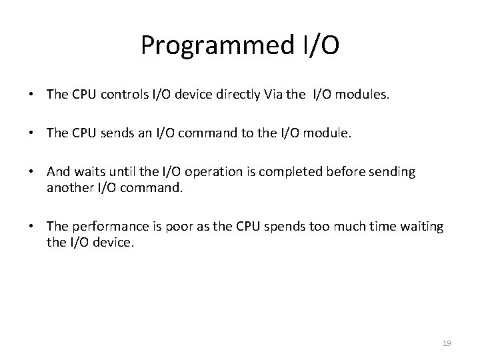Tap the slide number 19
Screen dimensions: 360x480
447,343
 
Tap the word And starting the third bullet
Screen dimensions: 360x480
58,172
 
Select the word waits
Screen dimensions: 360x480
89,172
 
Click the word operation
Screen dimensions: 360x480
217,172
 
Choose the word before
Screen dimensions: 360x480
346,172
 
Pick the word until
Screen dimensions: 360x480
125,172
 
